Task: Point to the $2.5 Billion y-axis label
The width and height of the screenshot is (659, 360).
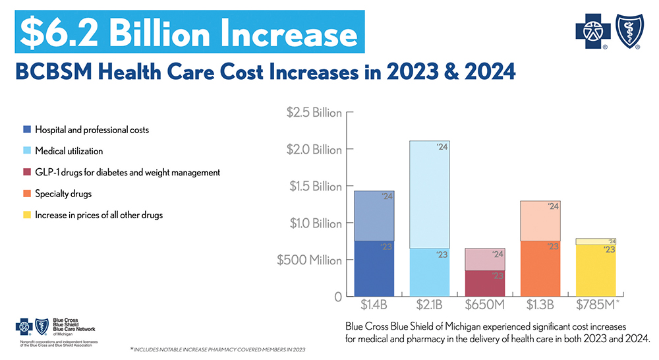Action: coord(314,113)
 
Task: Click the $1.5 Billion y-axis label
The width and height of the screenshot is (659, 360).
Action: coord(314,187)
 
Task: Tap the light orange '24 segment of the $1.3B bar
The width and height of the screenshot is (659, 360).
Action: coord(540,221)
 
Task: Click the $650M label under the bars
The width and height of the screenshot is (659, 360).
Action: coord(485,305)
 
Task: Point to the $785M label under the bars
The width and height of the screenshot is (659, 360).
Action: coord(597,305)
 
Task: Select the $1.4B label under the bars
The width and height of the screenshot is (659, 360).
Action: coord(374,305)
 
